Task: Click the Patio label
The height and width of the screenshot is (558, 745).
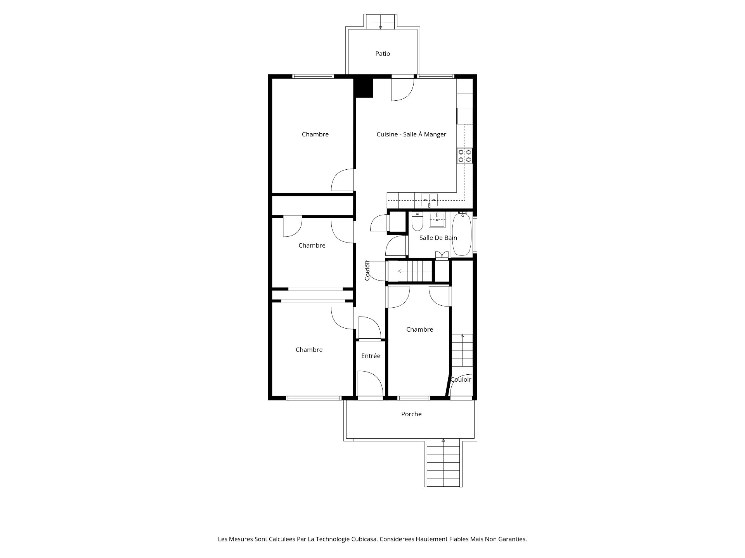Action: click(x=383, y=53)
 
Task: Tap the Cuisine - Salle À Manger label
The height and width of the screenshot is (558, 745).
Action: click(x=411, y=134)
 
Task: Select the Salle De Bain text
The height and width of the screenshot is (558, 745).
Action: click(x=438, y=238)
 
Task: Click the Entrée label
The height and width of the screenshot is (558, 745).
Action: click(x=371, y=356)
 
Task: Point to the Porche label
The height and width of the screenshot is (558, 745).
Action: click(x=411, y=414)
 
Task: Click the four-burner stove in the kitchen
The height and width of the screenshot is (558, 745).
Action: click(x=465, y=156)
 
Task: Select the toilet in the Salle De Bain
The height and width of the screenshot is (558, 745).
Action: click(x=417, y=221)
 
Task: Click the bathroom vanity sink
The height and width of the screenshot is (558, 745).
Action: click(x=437, y=220)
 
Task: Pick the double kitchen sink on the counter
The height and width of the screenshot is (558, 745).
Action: click(x=429, y=200)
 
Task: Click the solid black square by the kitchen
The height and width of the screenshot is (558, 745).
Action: click(x=363, y=88)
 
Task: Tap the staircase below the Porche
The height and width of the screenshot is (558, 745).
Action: click(x=444, y=463)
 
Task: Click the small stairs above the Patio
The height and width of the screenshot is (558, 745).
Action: click(x=380, y=21)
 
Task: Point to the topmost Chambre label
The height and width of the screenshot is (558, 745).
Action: click(x=315, y=134)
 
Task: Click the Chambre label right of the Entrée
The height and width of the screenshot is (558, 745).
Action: click(x=419, y=329)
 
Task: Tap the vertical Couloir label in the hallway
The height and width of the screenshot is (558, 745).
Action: click(x=367, y=270)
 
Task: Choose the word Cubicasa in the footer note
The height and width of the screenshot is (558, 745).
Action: click(x=364, y=539)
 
